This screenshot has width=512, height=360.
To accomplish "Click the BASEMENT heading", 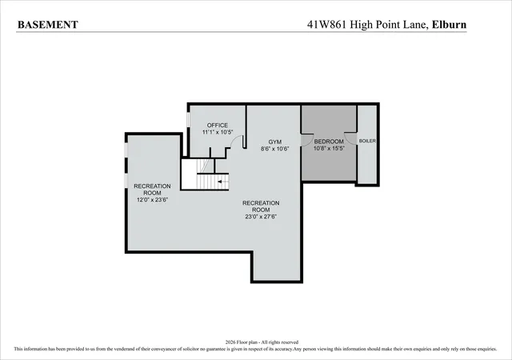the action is (x=48, y=25).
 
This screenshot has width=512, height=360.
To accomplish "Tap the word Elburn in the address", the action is (x=449, y=25).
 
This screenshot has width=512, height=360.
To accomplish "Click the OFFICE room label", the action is (x=218, y=125).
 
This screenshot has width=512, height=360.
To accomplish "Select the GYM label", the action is (x=275, y=142).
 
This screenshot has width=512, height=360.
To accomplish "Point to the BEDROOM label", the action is (x=329, y=142).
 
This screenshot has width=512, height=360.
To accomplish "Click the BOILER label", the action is (x=367, y=141).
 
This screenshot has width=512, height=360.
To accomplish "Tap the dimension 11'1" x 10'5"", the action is (x=218, y=132).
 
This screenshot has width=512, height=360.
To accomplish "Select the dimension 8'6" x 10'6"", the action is (x=275, y=149).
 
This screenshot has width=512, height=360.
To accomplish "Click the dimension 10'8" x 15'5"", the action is (x=329, y=148).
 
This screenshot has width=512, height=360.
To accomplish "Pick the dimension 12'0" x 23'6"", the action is (x=152, y=200).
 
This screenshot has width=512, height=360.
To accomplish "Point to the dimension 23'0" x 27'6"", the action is (x=261, y=217).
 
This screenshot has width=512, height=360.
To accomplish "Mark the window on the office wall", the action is (x=188, y=119).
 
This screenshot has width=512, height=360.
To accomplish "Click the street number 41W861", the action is (x=326, y=25).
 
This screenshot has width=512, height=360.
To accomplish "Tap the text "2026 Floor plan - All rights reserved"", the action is (x=262, y=342).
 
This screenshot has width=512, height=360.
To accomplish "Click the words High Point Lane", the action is (x=389, y=25).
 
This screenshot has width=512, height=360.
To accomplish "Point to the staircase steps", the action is (x=212, y=182).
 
